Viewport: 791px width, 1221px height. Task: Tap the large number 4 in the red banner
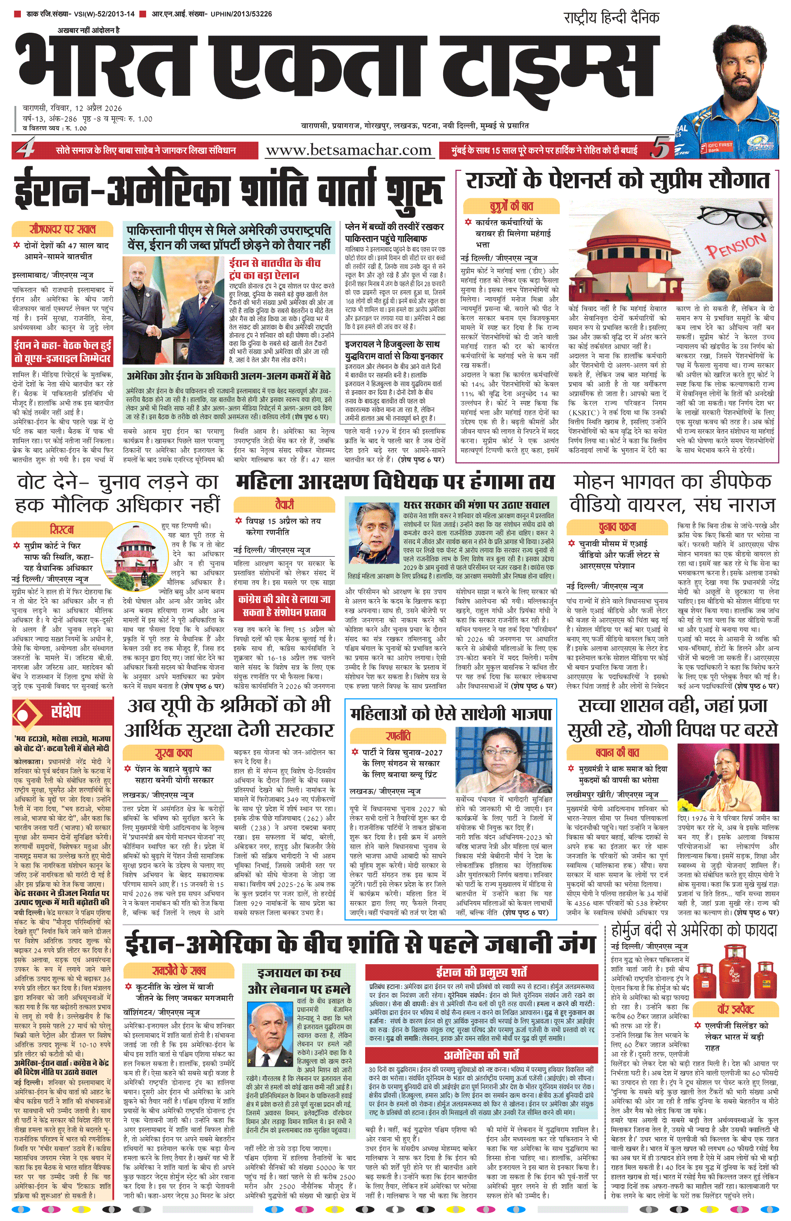click(x=25, y=149)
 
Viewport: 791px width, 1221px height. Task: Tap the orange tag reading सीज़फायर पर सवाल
click(x=62, y=229)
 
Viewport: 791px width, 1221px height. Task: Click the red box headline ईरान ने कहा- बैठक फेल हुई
click(x=63, y=351)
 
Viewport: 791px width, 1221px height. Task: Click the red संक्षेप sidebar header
click(x=63, y=713)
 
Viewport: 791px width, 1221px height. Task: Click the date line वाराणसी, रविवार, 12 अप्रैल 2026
click(x=72, y=108)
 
